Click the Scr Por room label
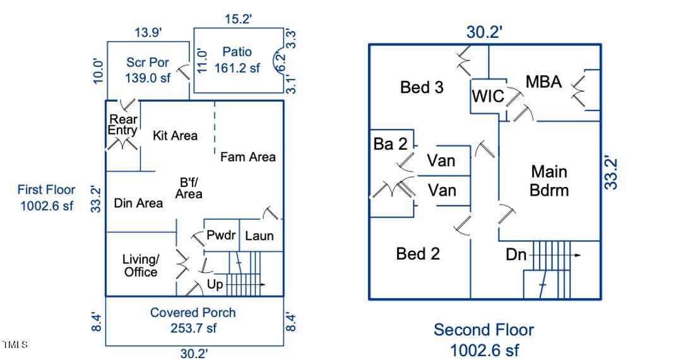pyautogui.click(x=148, y=63)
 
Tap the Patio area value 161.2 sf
pyautogui.click(x=237, y=68)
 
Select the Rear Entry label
pyautogui.click(x=122, y=124)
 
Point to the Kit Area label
pyautogui.click(x=175, y=135)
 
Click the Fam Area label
pyautogui.click(x=247, y=157)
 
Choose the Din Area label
pyautogui.click(x=138, y=203)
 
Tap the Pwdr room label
pyautogui.click(x=221, y=236)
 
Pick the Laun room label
pyautogui.click(x=259, y=236)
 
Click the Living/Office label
pyautogui.click(x=141, y=265)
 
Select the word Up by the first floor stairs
pyautogui.click(x=215, y=285)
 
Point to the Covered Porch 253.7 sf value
pyautogui.click(x=193, y=328)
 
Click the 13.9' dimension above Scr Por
pyautogui.click(x=148, y=32)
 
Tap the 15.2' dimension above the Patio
pyautogui.click(x=238, y=19)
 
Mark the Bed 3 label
pyautogui.click(x=422, y=87)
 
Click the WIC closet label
pyautogui.click(x=488, y=96)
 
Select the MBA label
pyautogui.click(x=543, y=81)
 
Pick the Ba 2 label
pyautogui.click(x=391, y=144)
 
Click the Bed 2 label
pyautogui.click(x=418, y=254)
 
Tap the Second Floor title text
pyautogui.click(x=483, y=330)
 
